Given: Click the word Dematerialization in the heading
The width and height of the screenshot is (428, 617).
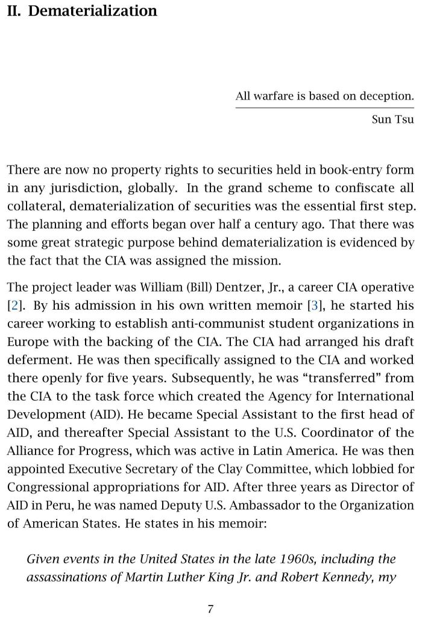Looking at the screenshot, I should click(x=93, y=11).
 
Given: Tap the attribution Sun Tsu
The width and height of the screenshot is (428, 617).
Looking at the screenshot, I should click(x=393, y=119).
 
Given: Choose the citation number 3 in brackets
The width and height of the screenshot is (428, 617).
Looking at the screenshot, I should click(x=313, y=305).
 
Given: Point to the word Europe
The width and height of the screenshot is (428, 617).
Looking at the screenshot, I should click(x=26, y=342).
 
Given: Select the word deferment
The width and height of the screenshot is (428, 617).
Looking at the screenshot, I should click(x=33, y=360).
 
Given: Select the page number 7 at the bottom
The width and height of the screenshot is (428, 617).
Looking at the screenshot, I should click(x=210, y=609).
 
